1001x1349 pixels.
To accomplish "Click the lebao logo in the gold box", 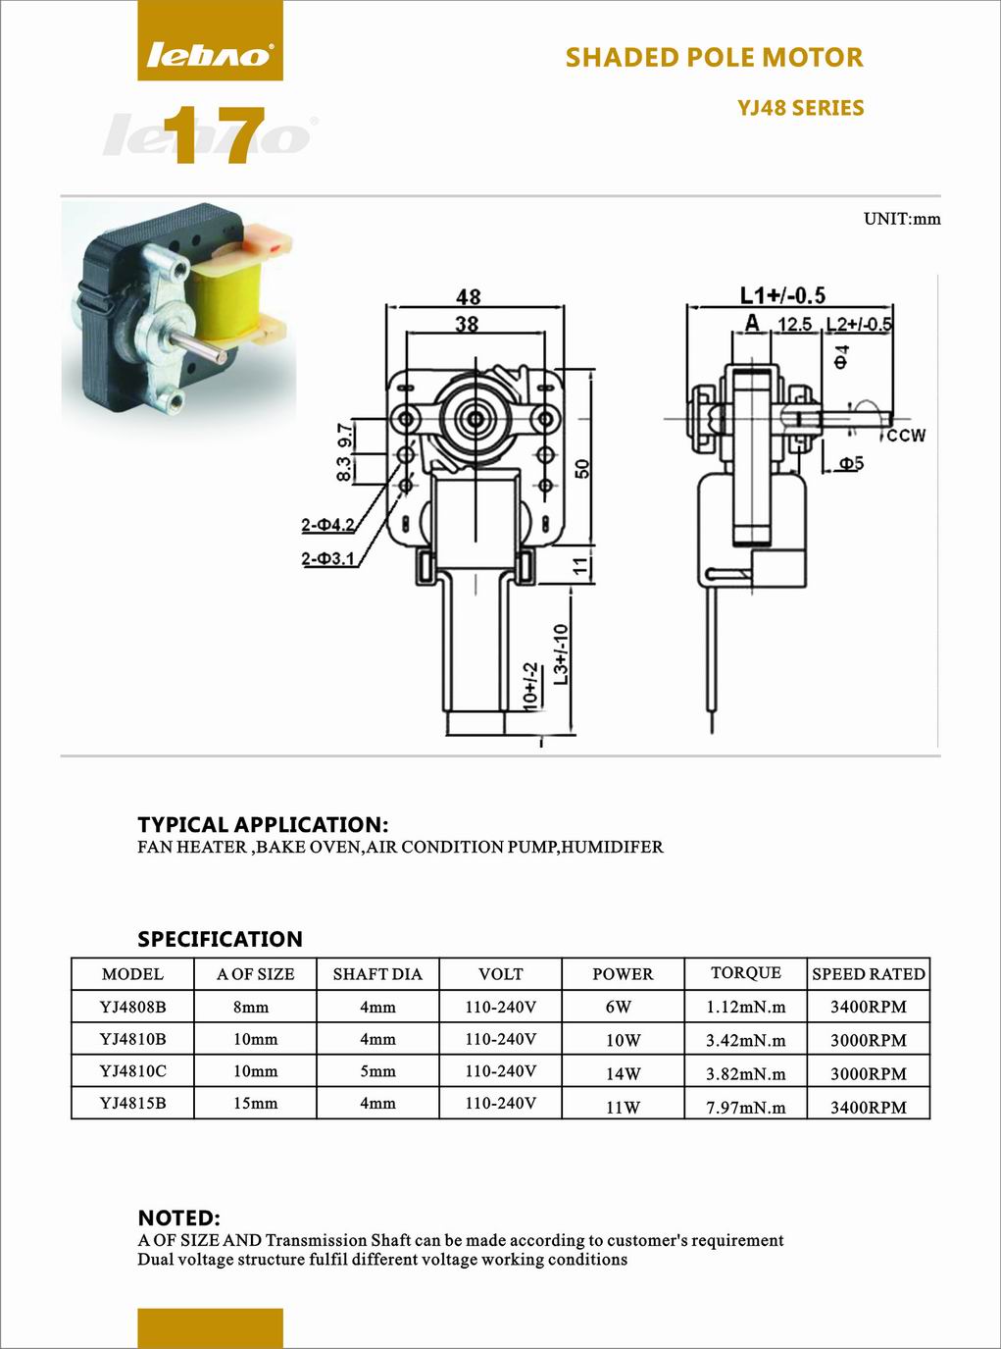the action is (x=210, y=55).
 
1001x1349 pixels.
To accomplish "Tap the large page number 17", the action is (x=215, y=135).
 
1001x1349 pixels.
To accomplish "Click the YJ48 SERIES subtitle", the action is (x=800, y=108).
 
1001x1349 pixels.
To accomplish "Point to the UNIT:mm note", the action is (x=902, y=219).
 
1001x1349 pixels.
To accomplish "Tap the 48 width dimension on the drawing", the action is (x=468, y=297).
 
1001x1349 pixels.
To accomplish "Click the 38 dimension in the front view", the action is (x=467, y=324).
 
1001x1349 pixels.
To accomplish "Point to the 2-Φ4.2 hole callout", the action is (x=327, y=524).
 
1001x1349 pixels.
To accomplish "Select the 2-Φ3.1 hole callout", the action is (x=327, y=557).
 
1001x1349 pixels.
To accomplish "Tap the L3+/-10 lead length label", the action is (x=561, y=654).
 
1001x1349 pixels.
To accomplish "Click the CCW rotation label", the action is (x=906, y=436).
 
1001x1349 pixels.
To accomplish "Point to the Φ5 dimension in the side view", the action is (x=851, y=464).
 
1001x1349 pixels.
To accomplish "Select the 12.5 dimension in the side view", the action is (x=795, y=324).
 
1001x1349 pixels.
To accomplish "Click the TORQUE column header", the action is (x=746, y=972).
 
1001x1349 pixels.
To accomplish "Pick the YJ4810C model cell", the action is (x=132, y=1070).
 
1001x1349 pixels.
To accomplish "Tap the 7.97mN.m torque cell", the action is (x=746, y=1108).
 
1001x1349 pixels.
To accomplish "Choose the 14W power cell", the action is (x=623, y=1074).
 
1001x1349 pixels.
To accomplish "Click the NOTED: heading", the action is (x=178, y=1219).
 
